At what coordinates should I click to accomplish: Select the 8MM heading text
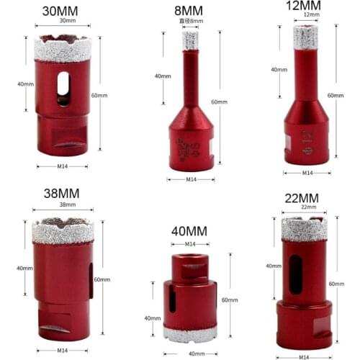(189, 11)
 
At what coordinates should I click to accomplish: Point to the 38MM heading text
(60, 193)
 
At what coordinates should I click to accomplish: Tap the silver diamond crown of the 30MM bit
(62, 49)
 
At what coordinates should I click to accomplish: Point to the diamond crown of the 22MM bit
(304, 228)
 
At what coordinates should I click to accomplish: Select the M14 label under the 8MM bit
(192, 179)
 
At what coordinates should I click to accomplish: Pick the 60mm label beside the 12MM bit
(336, 95)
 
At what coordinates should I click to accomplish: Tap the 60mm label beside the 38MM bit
(102, 279)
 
